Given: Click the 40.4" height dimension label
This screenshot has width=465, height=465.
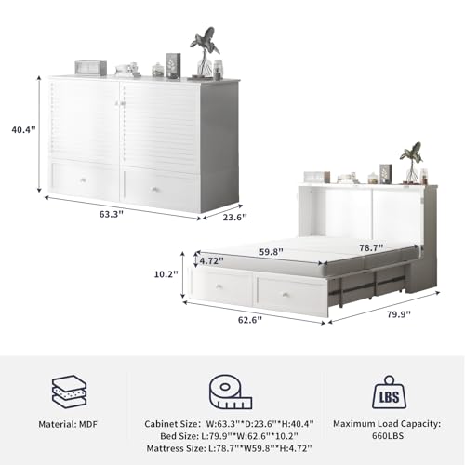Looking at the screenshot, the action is tap(24, 130).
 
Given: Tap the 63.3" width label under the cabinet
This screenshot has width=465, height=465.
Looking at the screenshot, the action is tap(112, 214).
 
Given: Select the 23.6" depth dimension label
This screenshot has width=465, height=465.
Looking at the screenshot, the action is tap(235, 218).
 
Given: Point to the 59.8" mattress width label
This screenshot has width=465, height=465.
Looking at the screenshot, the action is tap(272, 252).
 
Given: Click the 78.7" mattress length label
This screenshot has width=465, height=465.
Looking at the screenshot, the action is tap(371, 247).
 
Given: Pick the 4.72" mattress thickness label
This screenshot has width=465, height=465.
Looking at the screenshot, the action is tap(211, 261).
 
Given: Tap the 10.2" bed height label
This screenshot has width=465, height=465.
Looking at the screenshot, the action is tap(166, 274).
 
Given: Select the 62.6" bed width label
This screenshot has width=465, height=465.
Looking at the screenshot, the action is tap(250, 320).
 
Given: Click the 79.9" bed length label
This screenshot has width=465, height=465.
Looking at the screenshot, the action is tap(399, 314).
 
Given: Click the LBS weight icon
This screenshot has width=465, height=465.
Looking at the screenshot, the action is tap(390, 392).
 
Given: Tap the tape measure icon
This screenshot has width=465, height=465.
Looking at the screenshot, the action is tap(230, 392).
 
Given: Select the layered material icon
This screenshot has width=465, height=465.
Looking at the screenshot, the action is tap(69, 392).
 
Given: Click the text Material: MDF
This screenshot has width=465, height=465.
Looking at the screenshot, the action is tap(68, 424).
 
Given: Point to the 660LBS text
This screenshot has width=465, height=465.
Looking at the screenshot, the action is tap(388, 436).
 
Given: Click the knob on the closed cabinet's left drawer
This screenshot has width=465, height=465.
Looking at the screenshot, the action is tap(83, 180).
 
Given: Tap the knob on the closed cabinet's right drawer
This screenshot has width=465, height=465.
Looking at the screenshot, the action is tap(154, 190).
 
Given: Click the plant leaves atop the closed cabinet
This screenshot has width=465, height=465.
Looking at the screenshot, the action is tap(205, 40).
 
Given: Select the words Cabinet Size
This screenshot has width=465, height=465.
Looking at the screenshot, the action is tap(171, 424).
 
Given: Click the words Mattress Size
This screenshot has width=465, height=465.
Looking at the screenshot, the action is tap(176, 448).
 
